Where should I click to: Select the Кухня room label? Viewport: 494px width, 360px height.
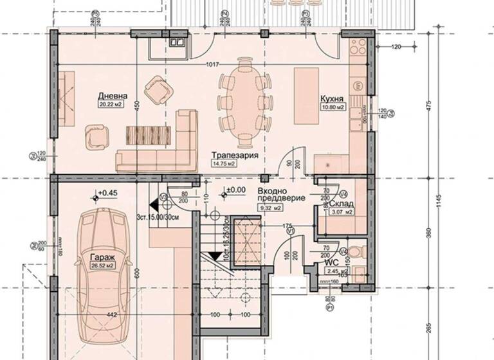pos(333,100)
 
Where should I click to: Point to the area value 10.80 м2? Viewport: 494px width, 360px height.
pos(333,108)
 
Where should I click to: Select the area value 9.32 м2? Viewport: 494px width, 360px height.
pos(271,208)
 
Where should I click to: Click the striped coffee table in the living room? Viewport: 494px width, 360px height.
pos(147,134)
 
